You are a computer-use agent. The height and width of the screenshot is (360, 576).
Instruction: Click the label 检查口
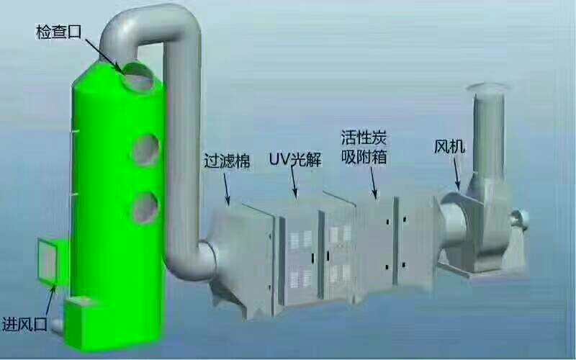pyautogui.click(x=58, y=32)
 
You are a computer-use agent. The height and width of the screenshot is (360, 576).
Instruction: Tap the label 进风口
pyautogui.click(x=24, y=325)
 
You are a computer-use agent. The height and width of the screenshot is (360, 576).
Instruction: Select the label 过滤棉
pyautogui.click(x=227, y=161)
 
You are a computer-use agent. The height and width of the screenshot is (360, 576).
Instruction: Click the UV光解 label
pyautogui.click(x=295, y=159)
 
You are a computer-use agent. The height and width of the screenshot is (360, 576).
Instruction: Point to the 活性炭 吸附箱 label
pyautogui.click(x=364, y=148)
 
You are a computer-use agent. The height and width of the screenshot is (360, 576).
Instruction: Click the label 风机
pyautogui.click(x=449, y=146)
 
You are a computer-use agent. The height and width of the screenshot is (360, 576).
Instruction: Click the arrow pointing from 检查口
pyautogui.click(x=104, y=55)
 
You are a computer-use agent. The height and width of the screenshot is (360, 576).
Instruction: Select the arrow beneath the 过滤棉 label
pyautogui.click(x=227, y=189)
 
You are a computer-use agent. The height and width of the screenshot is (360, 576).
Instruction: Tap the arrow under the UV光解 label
pyautogui.click(x=294, y=182)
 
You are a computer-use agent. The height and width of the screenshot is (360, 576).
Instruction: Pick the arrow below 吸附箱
pyautogui.click(x=374, y=183)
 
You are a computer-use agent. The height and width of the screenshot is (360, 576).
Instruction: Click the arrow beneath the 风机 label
pyautogui.click(x=456, y=174)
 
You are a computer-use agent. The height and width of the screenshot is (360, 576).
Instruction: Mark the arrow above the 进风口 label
pyautogui.click(x=50, y=301)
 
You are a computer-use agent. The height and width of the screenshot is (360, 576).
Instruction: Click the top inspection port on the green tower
pyautogui.click(x=138, y=77)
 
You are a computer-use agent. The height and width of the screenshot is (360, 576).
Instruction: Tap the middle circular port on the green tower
pyautogui.click(x=146, y=150)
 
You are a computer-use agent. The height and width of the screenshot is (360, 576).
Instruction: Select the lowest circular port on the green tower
pyautogui.click(x=146, y=208)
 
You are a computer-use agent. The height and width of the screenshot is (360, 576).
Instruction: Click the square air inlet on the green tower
pyautogui.click(x=48, y=261)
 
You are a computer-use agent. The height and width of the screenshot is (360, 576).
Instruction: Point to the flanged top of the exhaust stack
pyautogui.click(x=487, y=87)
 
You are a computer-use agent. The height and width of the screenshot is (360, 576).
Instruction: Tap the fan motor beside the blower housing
pyautogui.click(x=518, y=219)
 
